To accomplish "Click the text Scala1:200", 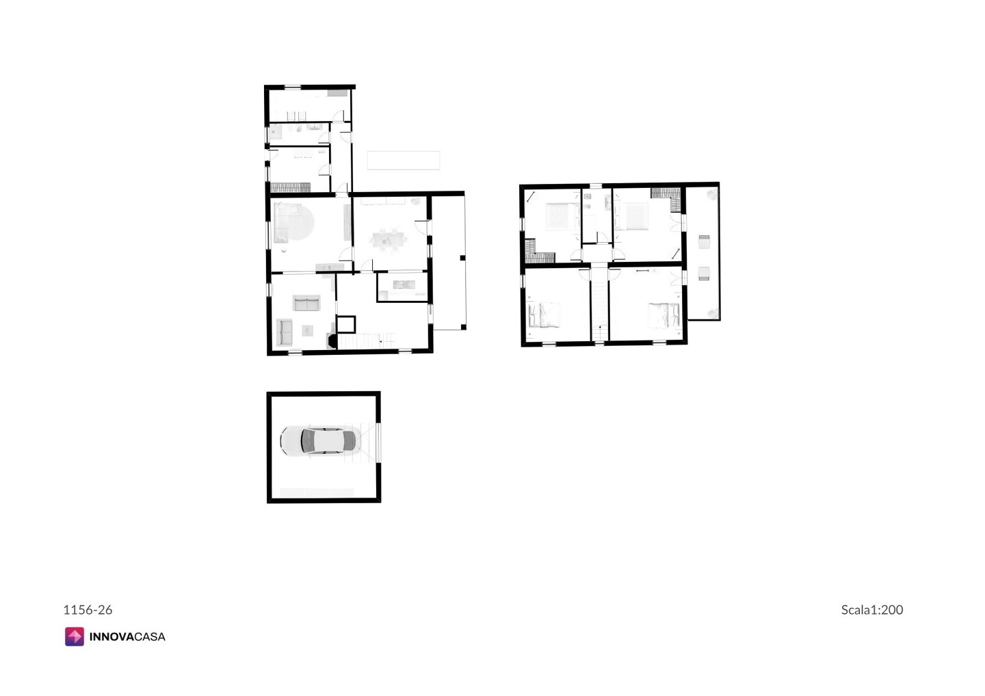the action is [x=872, y=610].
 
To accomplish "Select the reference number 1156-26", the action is [x=88, y=610].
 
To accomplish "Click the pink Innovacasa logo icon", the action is [x=75, y=637].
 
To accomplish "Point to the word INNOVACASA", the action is [x=127, y=637].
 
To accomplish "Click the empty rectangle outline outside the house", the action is [x=404, y=161].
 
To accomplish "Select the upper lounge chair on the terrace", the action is [x=704, y=241].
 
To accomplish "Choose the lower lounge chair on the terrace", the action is [x=704, y=273].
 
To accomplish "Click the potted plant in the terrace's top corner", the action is [x=711, y=194].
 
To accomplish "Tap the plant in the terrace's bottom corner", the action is [x=712, y=314].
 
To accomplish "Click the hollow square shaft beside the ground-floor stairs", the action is [x=346, y=325].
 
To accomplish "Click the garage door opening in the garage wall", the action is [x=378, y=442].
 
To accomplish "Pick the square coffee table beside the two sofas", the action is [x=307, y=330].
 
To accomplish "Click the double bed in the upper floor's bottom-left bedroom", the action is [x=544, y=314].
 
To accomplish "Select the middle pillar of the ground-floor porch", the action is [x=462, y=258].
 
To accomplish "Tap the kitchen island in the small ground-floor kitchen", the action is [x=404, y=284].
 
